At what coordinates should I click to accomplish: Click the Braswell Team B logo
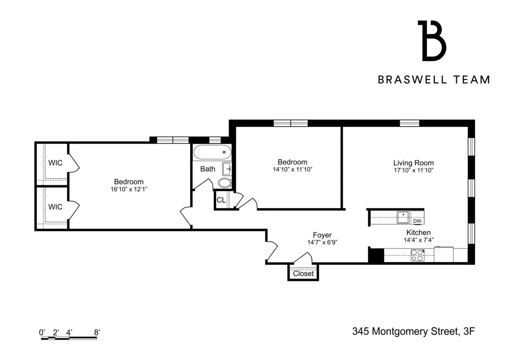[x=432, y=41]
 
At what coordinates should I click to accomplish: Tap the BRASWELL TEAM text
[x=434, y=80]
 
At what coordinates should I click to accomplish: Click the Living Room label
[x=413, y=163]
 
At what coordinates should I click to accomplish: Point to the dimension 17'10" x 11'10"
[x=413, y=170]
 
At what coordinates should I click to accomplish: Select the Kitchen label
[x=418, y=232]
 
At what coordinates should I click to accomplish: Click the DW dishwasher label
[x=417, y=221]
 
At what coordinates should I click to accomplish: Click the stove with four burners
[x=417, y=255]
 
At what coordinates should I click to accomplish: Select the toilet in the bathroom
[x=225, y=183]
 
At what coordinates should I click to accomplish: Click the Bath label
[x=207, y=169]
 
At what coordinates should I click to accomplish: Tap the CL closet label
[x=221, y=200]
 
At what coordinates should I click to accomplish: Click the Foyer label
[x=322, y=235]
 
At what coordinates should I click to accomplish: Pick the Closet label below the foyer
[x=303, y=273]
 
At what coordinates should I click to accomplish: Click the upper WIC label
[x=55, y=163]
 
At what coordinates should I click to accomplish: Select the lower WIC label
[x=55, y=207]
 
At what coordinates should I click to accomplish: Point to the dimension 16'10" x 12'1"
[x=129, y=189]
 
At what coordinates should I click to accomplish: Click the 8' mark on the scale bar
[x=97, y=333]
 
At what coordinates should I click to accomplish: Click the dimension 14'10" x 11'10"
[x=292, y=169]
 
